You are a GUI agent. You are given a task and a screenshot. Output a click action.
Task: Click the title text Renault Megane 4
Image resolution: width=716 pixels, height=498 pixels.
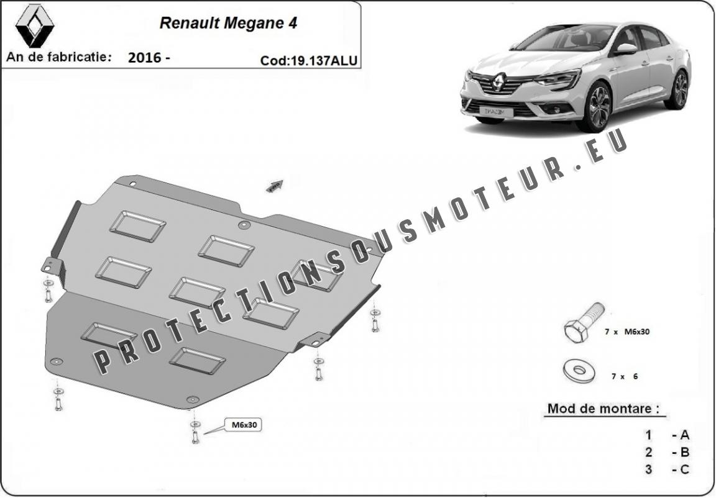[228, 23]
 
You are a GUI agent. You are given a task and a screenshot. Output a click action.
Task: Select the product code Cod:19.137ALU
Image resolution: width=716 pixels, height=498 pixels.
[309, 60]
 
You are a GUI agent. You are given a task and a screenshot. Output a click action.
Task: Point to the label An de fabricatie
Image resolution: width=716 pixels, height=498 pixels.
[59, 57]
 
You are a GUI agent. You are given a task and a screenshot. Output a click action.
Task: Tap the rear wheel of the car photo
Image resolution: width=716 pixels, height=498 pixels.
[680, 89]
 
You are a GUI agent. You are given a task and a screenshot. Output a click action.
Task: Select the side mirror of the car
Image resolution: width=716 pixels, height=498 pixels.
[626, 49]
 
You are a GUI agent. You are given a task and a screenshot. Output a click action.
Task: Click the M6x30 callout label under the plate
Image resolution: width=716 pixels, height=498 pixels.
[244, 425]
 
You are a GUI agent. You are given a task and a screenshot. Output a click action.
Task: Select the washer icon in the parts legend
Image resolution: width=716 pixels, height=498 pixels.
[579, 371]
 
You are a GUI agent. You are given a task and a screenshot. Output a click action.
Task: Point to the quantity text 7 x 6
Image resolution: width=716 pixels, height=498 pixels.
[624, 376]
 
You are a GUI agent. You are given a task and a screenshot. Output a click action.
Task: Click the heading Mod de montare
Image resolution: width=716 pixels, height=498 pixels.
[601, 409]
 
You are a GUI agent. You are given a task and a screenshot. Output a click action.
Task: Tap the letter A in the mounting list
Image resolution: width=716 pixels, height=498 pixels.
[685, 435]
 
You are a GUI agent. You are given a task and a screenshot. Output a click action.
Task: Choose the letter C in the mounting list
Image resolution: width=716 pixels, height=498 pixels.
[685, 469]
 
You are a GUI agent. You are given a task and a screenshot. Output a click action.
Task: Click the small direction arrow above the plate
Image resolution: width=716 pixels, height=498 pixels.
[275, 185]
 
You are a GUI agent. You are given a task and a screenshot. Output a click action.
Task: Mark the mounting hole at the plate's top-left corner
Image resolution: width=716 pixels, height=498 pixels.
[132, 184]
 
